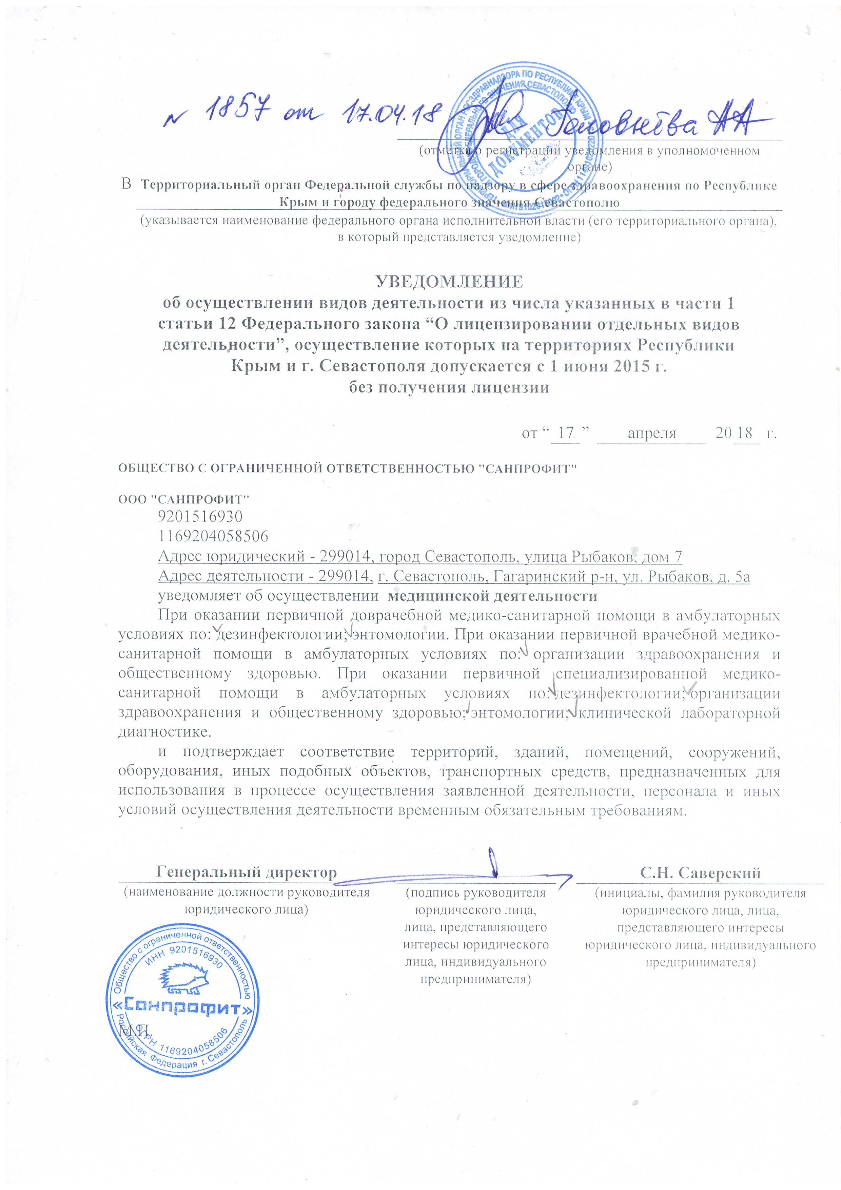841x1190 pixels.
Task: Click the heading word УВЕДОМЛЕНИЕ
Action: coord(449,282)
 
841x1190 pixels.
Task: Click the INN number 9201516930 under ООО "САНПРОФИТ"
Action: coord(200,516)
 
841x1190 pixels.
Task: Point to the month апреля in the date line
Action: coord(651,433)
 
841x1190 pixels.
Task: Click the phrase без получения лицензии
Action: coord(449,387)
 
